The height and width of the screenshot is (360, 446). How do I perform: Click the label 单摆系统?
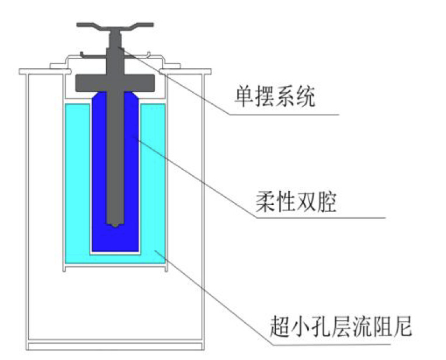click(x=275, y=97)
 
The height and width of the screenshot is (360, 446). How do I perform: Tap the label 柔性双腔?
click(x=296, y=202)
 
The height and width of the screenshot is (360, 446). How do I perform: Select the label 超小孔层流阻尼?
click(x=340, y=327)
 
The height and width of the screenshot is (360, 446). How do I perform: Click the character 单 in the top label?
click(x=244, y=97)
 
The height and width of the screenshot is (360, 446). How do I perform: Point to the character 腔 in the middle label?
click(x=326, y=202)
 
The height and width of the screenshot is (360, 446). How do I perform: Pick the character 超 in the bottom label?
click(x=279, y=327)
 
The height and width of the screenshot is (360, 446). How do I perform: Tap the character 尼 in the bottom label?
click(x=402, y=327)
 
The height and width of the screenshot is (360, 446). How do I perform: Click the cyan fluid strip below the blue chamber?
click(x=115, y=259)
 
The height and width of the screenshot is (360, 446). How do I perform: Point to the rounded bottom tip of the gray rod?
click(x=115, y=225)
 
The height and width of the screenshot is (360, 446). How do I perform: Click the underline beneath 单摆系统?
click(x=285, y=115)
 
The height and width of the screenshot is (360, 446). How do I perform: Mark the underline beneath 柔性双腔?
click(x=321, y=218)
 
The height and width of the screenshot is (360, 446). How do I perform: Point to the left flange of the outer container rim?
click(x=45, y=71)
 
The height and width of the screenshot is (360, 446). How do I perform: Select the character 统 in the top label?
click(x=305, y=97)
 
